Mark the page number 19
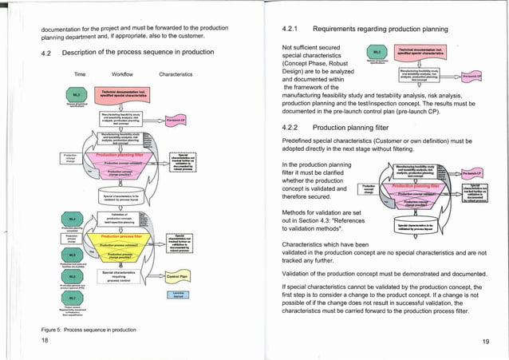(485, 341)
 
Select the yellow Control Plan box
(177, 277)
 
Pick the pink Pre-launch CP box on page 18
(176, 121)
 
